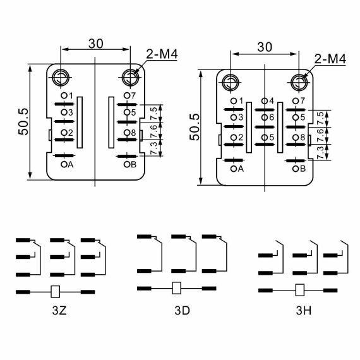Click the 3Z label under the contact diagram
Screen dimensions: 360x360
point(59,311)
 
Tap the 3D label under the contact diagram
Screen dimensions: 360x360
point(183,311)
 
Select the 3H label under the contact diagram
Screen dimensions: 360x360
point(304,311)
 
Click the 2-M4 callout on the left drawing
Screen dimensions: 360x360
point(162,54)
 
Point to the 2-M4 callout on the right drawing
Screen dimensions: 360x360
point(330,59)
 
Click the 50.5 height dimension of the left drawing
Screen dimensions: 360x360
point(23,121)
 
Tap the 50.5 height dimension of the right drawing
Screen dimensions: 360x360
point(195,127)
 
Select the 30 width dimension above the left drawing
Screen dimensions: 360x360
point(96,44)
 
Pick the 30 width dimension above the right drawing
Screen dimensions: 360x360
point(265,47)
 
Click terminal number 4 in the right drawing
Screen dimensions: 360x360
point(272,101)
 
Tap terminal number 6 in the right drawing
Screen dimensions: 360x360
point(272,117)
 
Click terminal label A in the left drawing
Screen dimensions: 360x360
point(70,164)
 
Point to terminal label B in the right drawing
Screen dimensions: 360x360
point(303,169)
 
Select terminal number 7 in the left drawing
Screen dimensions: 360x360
point(133,95)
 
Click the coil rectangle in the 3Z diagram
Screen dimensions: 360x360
point(55,292)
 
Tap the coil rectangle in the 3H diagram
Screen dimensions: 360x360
point(299,290)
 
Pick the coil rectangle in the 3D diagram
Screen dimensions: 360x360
point(177,288)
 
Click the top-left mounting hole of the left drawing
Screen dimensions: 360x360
point(61,78)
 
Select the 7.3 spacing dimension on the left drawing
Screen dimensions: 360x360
point(154,148)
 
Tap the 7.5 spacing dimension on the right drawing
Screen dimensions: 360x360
point(321,118)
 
